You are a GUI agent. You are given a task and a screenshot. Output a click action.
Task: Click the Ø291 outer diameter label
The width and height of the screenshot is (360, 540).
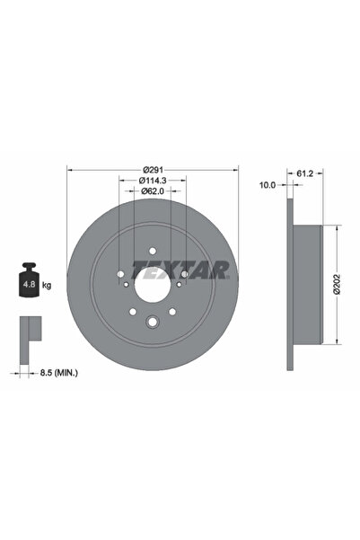click(154, 167)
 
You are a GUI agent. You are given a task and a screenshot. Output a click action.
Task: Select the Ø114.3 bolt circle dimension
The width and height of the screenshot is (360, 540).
click(153, 179)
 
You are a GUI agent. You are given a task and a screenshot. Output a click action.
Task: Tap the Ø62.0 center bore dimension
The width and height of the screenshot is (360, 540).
click(153, 190)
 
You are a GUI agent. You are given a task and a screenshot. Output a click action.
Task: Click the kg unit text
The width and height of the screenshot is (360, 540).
click(47, 285)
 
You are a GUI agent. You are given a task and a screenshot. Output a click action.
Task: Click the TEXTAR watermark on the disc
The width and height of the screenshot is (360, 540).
click(180, 268)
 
